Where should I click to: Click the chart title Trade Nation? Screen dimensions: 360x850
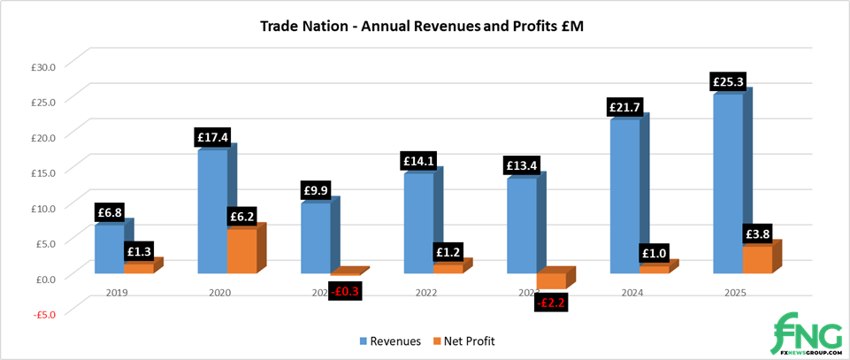422,26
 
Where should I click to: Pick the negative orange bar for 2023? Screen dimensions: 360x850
550,280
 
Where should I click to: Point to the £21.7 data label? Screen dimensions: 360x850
624,107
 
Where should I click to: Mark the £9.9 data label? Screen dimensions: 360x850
315,190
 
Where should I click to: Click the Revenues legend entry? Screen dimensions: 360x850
388,341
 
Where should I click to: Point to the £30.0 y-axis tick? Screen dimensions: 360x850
42,65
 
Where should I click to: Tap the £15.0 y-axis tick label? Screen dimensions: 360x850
42,172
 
